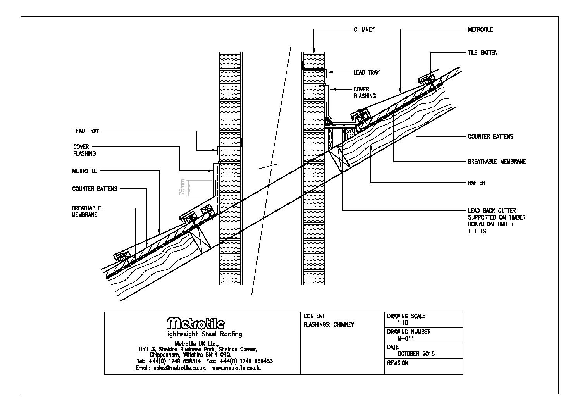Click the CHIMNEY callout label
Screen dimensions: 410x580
click(364, 29)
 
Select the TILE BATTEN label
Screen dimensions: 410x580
click(482, 52)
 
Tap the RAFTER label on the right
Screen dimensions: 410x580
click(477, 183)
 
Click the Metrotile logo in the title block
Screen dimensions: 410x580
click(195, 324)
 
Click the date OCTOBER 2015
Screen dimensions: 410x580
click(416, 354)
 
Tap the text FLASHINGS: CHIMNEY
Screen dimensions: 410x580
click(329, 324)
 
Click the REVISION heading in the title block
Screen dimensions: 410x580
click(398, 363)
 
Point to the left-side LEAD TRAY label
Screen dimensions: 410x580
click(86, 131)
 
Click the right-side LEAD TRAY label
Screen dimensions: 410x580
click(366, 72)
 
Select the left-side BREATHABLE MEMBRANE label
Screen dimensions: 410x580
click(86, 212)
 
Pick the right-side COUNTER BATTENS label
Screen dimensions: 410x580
click(491, 136)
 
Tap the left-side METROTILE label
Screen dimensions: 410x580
click(84, 171)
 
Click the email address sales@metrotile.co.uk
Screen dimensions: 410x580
click(170, 368)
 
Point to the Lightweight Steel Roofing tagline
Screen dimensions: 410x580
click(203, 334)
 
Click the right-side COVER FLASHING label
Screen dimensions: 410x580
click(364, 93)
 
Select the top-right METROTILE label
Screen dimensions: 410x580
click(480, 29)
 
